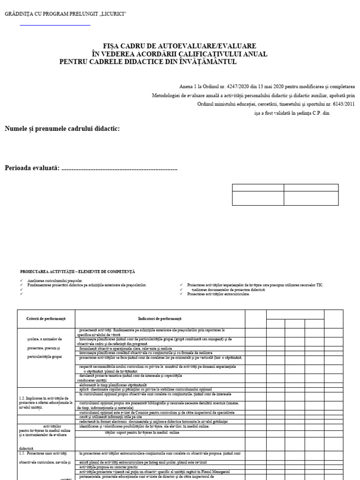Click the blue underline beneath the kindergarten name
pos(55,25)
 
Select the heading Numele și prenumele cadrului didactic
pos(62,129)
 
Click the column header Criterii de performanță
pos(46,319)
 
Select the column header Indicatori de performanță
pos(159,319)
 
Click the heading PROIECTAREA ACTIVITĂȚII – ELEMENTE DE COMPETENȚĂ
pos(77,271)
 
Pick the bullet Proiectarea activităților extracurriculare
pos(218,294)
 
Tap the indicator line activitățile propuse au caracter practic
pos(107,467)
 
